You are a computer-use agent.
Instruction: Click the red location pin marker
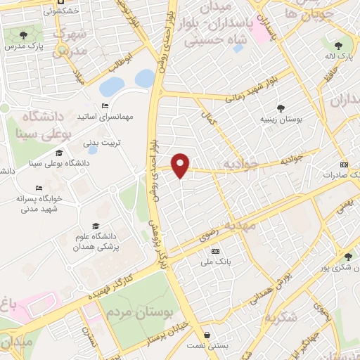[x=181, y=165]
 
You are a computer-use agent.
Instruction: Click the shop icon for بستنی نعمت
[x=207, y=334]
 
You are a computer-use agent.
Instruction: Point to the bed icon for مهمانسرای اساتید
[x=105, y=106]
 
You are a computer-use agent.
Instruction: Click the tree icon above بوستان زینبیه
[x=281, y=108]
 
